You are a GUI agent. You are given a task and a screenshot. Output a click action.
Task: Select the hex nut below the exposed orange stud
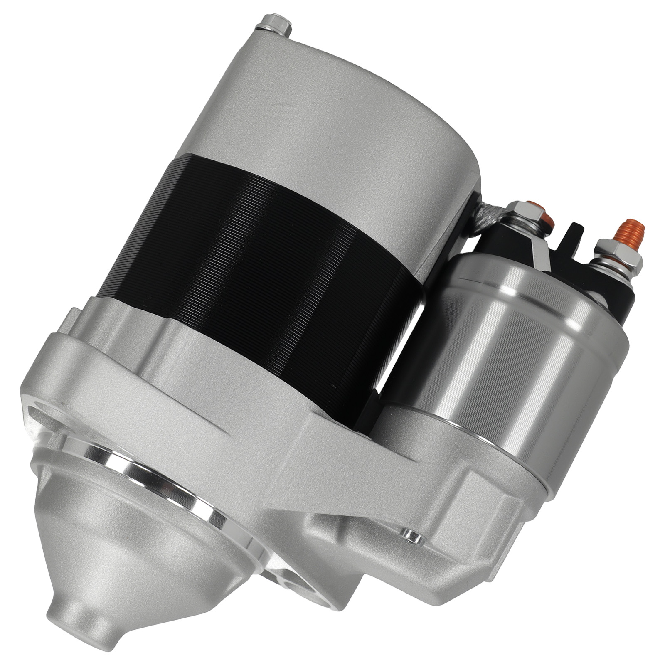(x=618, y=254)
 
